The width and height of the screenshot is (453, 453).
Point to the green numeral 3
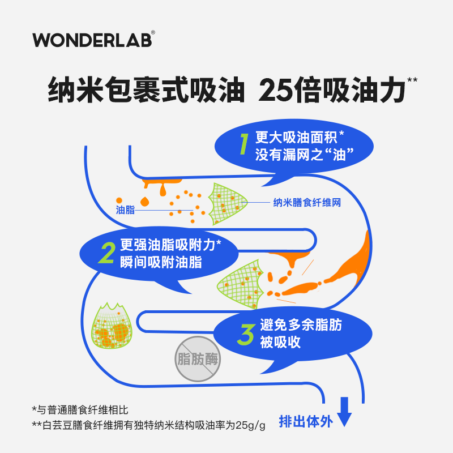(x=245, y=335)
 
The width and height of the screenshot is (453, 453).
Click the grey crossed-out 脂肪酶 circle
(x=198, y=359)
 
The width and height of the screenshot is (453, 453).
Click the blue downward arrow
(x=344, y=412)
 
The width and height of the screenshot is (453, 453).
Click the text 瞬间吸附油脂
(x=160, y=262)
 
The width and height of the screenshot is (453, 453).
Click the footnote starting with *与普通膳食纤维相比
(x=84, y=409)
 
